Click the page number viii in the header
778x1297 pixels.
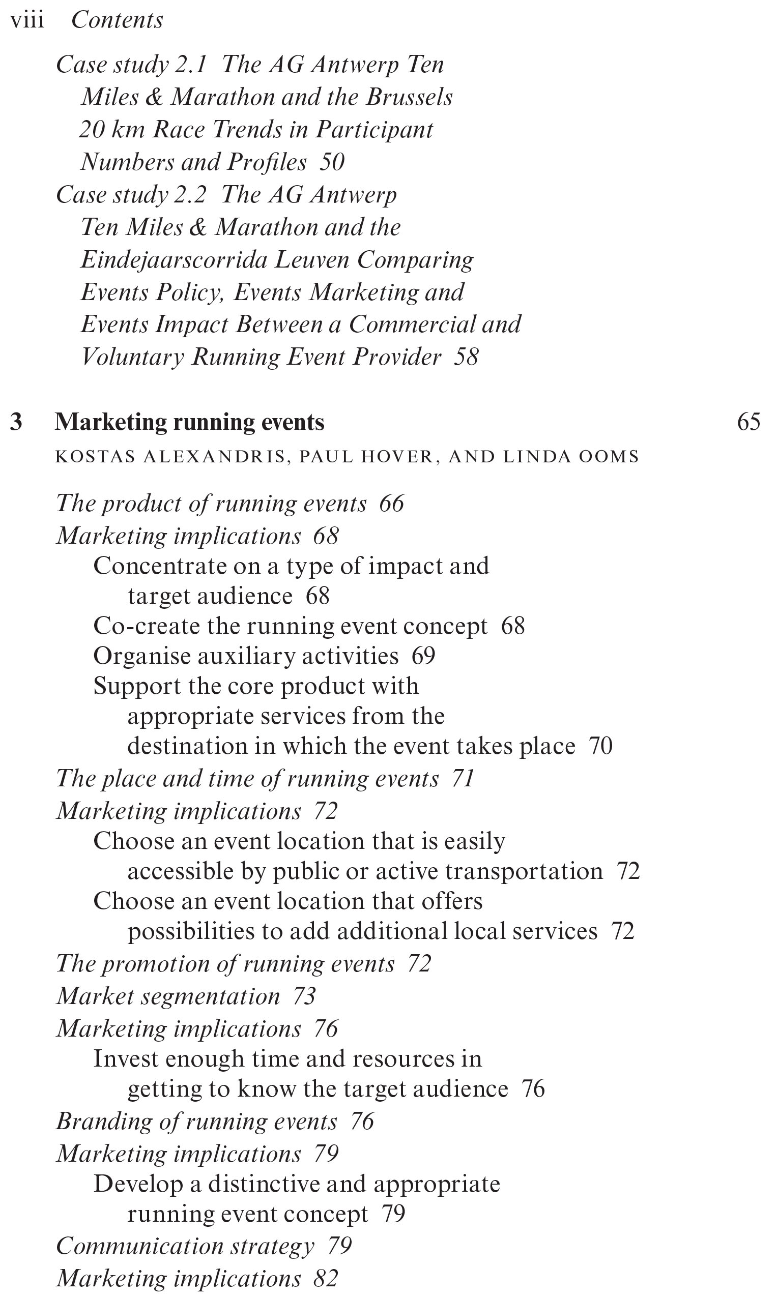(27, 20)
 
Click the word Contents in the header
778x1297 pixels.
(117, 20)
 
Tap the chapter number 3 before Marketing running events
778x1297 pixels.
(16, 422)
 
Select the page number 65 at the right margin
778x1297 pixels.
(748, 422)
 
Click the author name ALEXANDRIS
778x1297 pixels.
(214, 456)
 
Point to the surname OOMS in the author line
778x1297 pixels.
(609, 456)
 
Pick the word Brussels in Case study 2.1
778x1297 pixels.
(409, 97)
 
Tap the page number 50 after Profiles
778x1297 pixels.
(332, 162)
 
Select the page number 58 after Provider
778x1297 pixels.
(466, 358)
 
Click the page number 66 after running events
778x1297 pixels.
(392, 504)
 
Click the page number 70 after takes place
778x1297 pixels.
(600, 746)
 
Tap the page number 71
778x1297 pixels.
(463, 779)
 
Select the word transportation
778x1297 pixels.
(524, 871)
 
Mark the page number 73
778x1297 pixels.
(304, 996)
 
